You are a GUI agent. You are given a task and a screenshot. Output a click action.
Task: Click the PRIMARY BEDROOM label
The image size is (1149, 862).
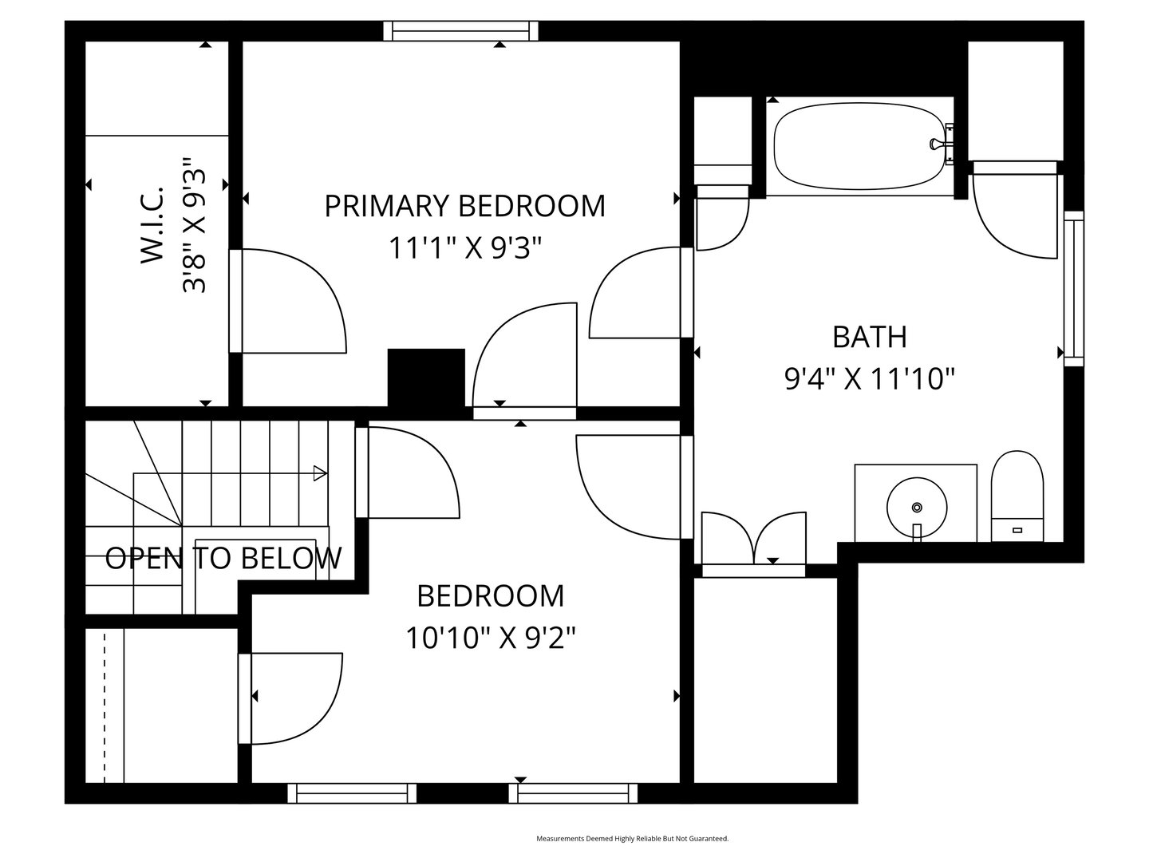464,206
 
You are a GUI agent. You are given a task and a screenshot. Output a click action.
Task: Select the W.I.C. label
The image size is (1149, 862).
152,225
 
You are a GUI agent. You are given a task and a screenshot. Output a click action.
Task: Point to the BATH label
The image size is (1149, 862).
870,337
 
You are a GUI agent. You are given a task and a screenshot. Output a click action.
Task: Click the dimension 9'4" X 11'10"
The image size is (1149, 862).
870,378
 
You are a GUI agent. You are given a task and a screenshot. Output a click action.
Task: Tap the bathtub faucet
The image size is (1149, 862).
938,144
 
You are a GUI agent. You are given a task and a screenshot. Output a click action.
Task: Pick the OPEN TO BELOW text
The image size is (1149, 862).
223,558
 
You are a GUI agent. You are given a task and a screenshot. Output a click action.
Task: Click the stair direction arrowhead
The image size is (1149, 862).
320,473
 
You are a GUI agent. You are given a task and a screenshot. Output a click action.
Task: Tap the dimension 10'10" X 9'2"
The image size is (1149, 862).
491,638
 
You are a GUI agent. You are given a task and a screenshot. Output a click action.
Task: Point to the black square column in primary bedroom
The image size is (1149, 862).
426,378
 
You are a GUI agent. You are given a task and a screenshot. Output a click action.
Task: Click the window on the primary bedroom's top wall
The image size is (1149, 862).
461,30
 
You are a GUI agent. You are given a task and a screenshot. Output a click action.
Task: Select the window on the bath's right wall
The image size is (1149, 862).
1074,289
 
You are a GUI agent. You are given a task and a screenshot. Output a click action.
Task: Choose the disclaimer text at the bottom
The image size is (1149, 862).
632,839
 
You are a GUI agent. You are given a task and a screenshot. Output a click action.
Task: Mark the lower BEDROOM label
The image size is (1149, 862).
491,595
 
